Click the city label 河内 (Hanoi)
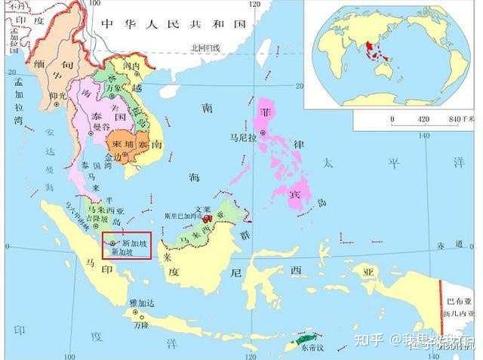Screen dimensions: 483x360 coord(132,66)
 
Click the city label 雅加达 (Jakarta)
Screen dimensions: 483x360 coord(141,302)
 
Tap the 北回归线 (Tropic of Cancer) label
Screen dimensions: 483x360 coord(205,48)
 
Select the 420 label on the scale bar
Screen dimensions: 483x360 coord(423,119)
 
